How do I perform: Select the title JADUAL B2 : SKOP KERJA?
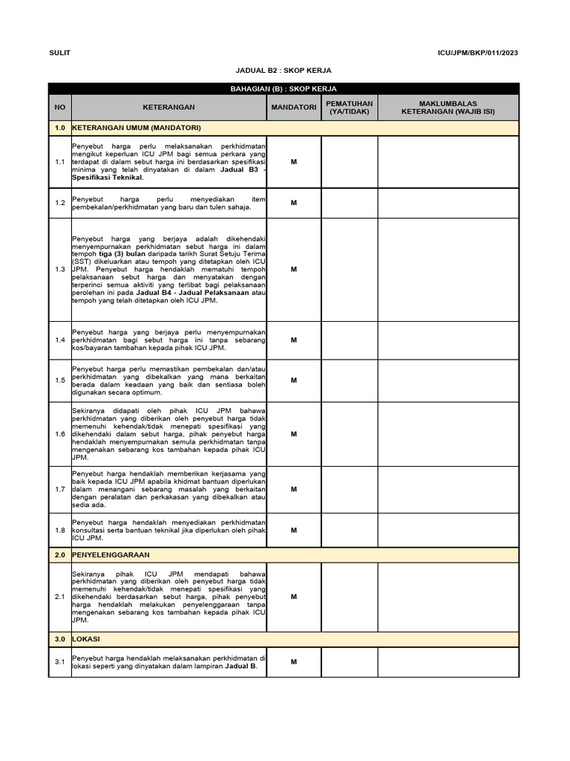(x=284, y=71)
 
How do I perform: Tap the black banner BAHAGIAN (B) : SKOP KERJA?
(x=284, y=88)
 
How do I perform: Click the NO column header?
(x=60, y=107)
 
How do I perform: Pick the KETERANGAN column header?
(x=168, y=107)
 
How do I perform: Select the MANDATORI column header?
(x=293, y=107)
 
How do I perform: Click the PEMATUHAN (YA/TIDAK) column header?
(x=349, y=107)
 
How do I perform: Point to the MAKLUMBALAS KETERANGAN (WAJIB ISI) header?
(x=448, y=107)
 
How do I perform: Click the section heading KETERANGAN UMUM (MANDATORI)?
(x=137, y=128)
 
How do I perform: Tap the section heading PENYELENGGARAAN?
(x=111, y=555)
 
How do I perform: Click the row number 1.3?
(x=60, y=269)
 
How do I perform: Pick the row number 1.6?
(x=60, y=434)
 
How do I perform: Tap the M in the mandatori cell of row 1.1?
(x=293, y=161)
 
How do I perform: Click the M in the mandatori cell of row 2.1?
(x=293, y=596)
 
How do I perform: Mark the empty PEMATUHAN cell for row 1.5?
(x=349, y=380)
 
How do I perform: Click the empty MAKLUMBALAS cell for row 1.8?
(x=448, y=530)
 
